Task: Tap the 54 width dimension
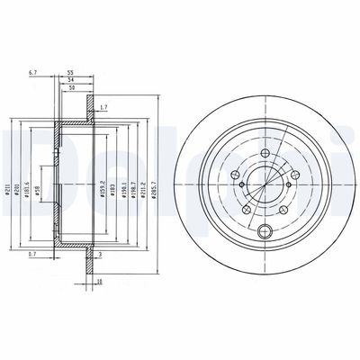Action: point(70,79)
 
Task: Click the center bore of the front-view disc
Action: point(263,180)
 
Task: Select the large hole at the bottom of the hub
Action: point(263,232)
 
